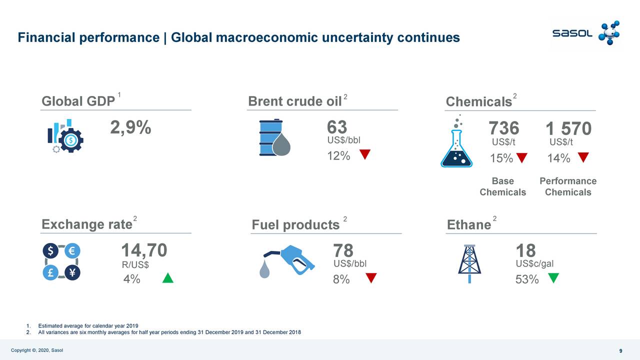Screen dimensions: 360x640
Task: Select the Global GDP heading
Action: point(78,101)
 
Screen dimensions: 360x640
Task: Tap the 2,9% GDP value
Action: point(130,128)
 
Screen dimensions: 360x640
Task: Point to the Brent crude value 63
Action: point(337,127)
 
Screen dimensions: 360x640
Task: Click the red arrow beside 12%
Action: point(365,154)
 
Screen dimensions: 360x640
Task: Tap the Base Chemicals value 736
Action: point(503,128)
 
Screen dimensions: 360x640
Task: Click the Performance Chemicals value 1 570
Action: point(568,129)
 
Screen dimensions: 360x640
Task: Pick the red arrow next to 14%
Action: point(583,157)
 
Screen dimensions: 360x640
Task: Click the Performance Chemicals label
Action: point(568,186)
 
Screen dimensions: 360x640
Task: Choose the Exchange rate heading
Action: point(86,224)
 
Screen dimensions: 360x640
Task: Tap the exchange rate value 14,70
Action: point(144,250)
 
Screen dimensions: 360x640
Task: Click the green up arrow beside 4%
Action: point(168,278)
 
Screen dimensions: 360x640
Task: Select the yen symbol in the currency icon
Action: point(72,272)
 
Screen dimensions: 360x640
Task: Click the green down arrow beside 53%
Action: point(553,277)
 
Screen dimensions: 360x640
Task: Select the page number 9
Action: point(620,350)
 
